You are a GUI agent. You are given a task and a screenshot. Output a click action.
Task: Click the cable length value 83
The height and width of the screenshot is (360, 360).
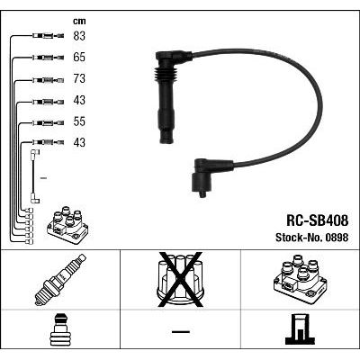point(79,36)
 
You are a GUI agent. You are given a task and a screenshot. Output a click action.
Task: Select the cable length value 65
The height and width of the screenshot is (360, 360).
point(79,58)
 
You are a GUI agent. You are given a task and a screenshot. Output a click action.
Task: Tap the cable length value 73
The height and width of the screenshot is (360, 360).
point(79,78)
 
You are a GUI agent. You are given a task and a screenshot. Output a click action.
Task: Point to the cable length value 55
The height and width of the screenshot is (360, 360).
point(79,121)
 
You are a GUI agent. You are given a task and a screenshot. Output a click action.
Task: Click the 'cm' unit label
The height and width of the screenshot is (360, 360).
point(79,22)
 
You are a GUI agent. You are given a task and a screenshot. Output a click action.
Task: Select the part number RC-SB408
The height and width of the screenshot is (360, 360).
point(318,220)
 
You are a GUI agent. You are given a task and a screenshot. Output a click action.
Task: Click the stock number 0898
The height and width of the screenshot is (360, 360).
point(336,238)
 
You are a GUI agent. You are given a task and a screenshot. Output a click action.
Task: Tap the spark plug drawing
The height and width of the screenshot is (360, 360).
point(60,280)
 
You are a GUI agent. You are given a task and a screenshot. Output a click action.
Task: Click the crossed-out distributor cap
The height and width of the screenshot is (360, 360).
point(180,280)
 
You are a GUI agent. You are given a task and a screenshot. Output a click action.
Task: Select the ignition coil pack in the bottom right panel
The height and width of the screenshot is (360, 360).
point(300,279)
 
